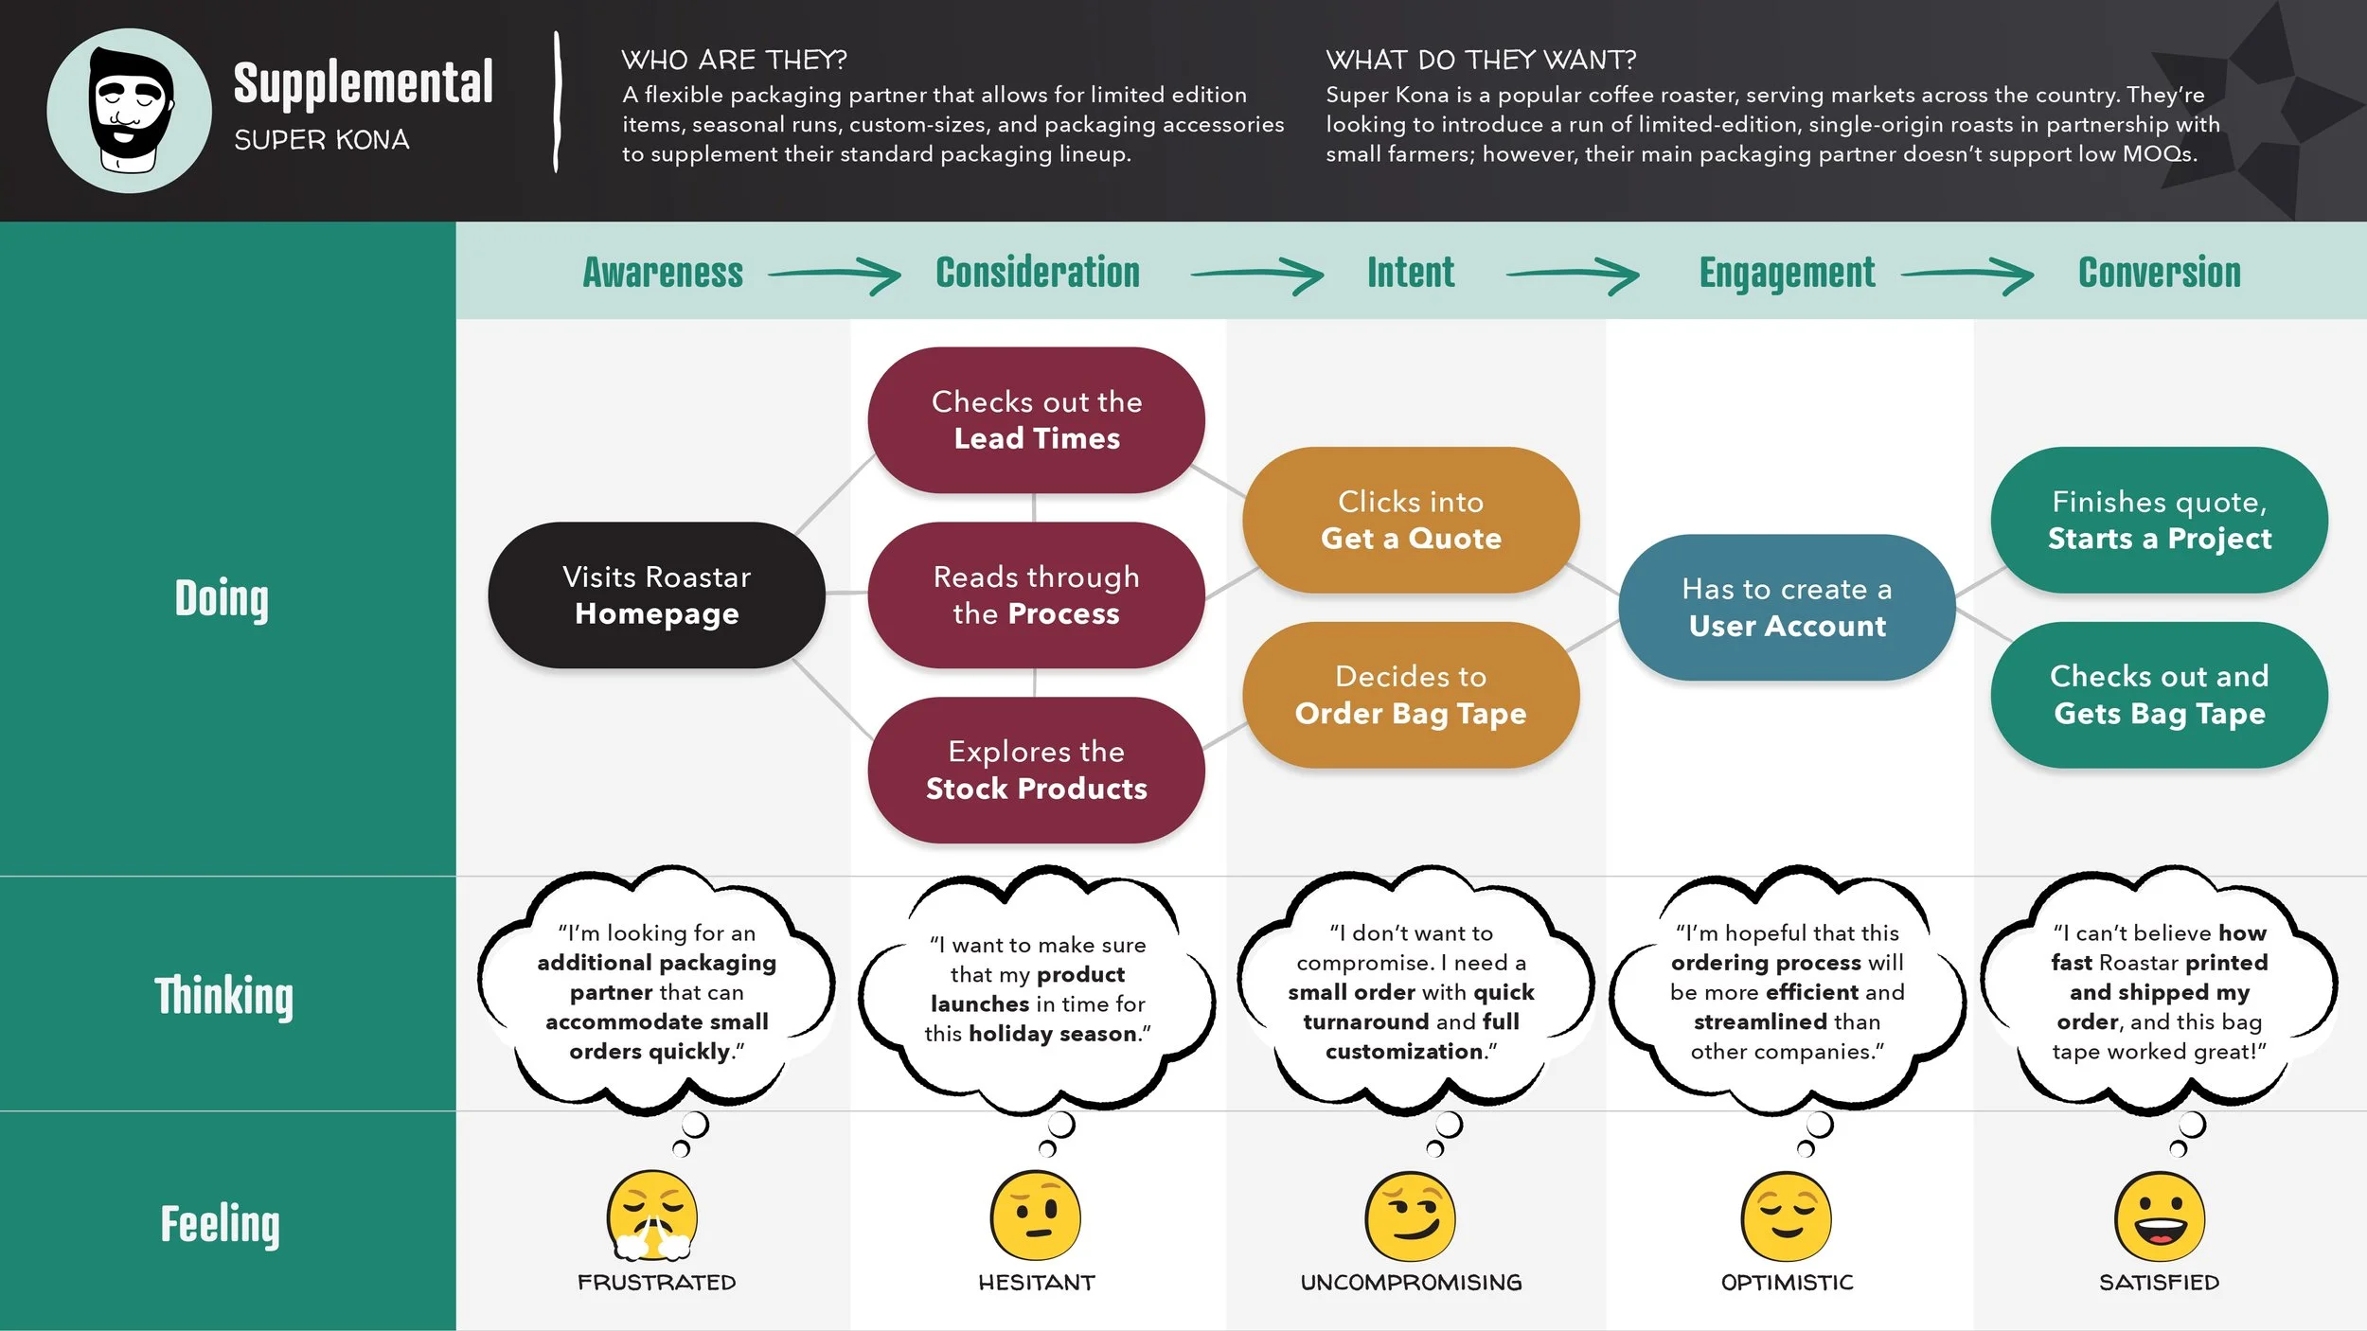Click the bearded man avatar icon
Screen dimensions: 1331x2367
pos(130,111)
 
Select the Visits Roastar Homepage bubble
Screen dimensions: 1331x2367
pos(656,595)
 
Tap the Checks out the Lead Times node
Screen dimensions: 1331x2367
pos(1036,420)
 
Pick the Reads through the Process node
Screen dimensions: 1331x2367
pos(1036,595)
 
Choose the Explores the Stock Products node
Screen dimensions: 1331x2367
pos(1036,770)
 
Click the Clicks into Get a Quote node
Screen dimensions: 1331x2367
pos(1411,520)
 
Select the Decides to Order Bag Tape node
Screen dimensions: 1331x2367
pos(1411,695)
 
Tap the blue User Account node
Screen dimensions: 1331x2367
pos(1787,608)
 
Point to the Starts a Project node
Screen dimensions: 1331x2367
pos(2159,520)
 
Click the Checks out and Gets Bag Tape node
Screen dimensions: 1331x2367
pos(2159,695)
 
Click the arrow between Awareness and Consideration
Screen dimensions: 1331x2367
pos(834,275)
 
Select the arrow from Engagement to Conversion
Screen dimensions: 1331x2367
pos(1967,275)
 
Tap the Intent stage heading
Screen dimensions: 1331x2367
pos(1410,273)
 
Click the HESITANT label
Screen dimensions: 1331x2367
pos(1036,1283)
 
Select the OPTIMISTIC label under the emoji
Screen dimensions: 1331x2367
pos(1787,1283)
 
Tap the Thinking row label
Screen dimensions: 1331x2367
pos(224,996)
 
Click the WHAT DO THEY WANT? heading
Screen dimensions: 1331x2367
pos(1480,61)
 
